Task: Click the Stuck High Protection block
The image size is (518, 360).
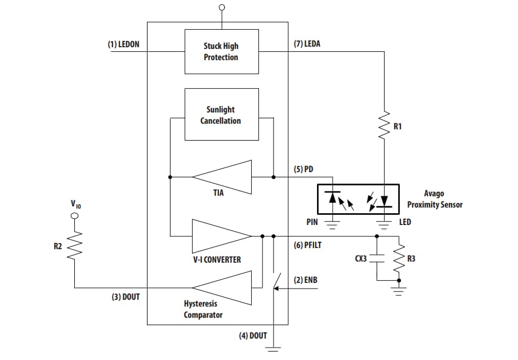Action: [221, 51]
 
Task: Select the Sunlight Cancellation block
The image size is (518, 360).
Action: [221, 115]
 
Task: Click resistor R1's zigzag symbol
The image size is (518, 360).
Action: [385, 125]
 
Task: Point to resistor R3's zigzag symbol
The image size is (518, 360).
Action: [399, 259]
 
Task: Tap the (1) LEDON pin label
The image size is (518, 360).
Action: [124, 44]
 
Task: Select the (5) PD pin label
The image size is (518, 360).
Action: [303, 169]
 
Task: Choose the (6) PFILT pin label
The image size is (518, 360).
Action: [308, 245]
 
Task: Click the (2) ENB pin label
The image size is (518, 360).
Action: [306, 280]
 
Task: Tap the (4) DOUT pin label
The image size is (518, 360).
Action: [253, 336]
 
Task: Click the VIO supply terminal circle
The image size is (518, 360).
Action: [74, 215]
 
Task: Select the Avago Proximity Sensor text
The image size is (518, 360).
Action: [435, 199]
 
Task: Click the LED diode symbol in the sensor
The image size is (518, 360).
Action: [385, 200]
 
